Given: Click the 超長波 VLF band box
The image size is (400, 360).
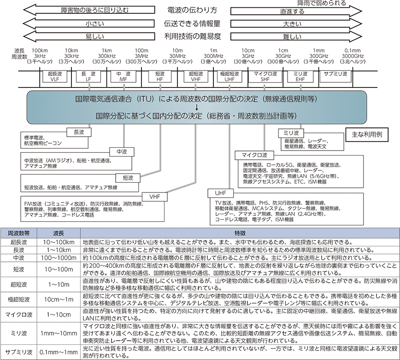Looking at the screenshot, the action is click(55, 76).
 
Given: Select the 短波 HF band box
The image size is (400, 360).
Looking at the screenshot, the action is click(160, 76).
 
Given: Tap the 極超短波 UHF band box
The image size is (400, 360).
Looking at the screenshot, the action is click(229, 76).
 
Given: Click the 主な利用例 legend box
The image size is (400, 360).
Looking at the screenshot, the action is click(367, 134).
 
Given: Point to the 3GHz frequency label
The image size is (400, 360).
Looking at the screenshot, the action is click(248, 56).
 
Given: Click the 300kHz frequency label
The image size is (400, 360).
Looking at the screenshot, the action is click(107, 56).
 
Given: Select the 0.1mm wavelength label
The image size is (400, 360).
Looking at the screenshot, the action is click(353, 51).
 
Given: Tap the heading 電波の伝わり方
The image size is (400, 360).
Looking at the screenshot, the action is click(192, 10).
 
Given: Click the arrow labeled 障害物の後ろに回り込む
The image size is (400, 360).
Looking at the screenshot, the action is click(89, 10).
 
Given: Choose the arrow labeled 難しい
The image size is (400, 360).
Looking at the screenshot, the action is click(296, 36).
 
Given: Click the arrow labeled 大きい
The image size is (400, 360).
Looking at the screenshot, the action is click(296, 23).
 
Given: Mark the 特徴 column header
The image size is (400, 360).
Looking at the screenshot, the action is click(240, 233).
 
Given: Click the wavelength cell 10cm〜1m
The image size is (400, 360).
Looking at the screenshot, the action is click(59, 299).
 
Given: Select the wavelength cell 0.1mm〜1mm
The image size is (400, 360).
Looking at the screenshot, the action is click(59, 352).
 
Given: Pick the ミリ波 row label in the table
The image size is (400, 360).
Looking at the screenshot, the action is click(18, 333).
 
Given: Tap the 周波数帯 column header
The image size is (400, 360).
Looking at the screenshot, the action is click(18, 233).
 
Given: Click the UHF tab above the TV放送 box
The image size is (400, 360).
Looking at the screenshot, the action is click(220, 193).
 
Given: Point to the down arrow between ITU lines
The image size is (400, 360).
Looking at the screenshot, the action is click(197, 108).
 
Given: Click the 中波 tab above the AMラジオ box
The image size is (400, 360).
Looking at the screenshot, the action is click(122, 152).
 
